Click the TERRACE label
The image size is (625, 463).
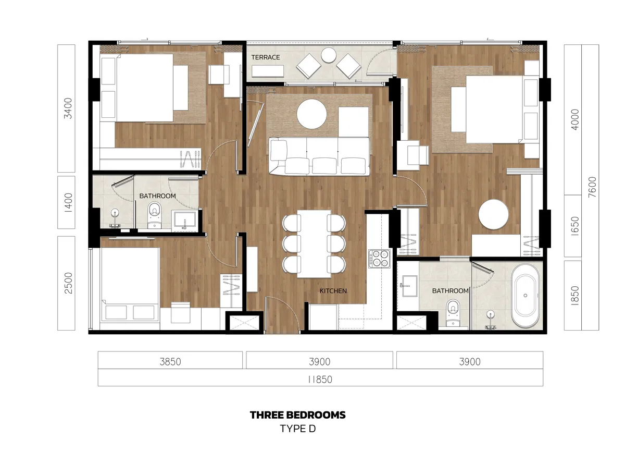[x=266, y=57]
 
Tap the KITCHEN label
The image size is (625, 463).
[x=333, y=291]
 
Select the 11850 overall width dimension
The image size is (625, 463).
[x=320, y=379]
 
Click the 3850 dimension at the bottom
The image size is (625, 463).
[x=170, y=361]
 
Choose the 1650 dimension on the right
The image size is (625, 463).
[x=574, y=226]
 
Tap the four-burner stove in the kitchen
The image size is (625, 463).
[x=379, y=259]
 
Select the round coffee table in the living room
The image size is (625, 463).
[x=311, y=114]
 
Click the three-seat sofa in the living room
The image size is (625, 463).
[x=319, y=156]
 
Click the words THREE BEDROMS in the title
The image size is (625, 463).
[x=297, y=415]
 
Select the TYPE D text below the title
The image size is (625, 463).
[x=297, y=429]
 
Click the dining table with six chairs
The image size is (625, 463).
[x=314, y=243]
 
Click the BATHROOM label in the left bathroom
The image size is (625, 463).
[x=157, y=196]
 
